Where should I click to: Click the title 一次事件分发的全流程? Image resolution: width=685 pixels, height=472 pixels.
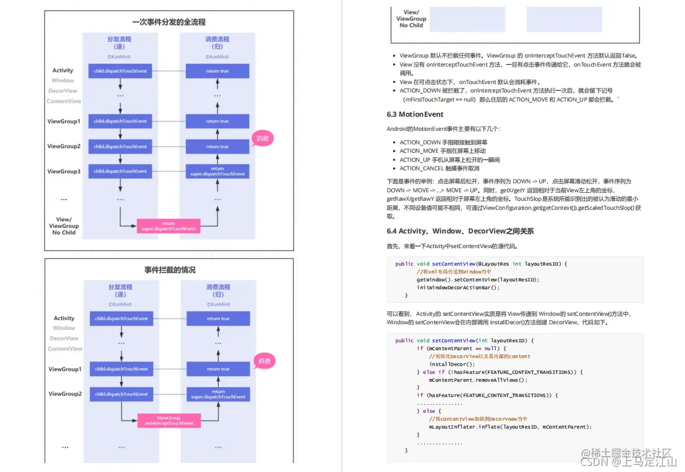tap(169, 23)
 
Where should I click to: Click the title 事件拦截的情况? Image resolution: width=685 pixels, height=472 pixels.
tap(169, 270)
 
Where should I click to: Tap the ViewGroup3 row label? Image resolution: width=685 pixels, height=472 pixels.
tap(64, 171)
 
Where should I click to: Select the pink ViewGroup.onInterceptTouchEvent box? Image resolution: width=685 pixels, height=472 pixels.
tap(169, 420)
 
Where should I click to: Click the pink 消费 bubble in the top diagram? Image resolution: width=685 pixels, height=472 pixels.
tap(262, 138)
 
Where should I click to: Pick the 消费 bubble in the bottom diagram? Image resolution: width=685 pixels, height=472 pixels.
tap(264, 361)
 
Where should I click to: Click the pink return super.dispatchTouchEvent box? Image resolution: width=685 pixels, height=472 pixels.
tap(168, 226)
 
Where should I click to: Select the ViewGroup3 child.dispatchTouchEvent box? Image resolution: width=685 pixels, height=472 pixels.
tap(120, 171)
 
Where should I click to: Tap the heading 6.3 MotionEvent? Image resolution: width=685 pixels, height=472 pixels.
tap(415, 114)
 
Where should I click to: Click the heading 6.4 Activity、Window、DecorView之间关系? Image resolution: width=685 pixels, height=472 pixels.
tap(460, 231)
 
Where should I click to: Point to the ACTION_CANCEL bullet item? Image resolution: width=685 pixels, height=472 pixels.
tap(439, 168)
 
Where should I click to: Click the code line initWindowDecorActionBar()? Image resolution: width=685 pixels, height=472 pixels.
tap(458, 287)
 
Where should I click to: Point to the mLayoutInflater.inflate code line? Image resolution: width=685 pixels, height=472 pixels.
tap(510, 427)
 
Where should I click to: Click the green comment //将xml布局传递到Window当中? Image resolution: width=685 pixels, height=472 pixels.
tap(450, 272)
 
